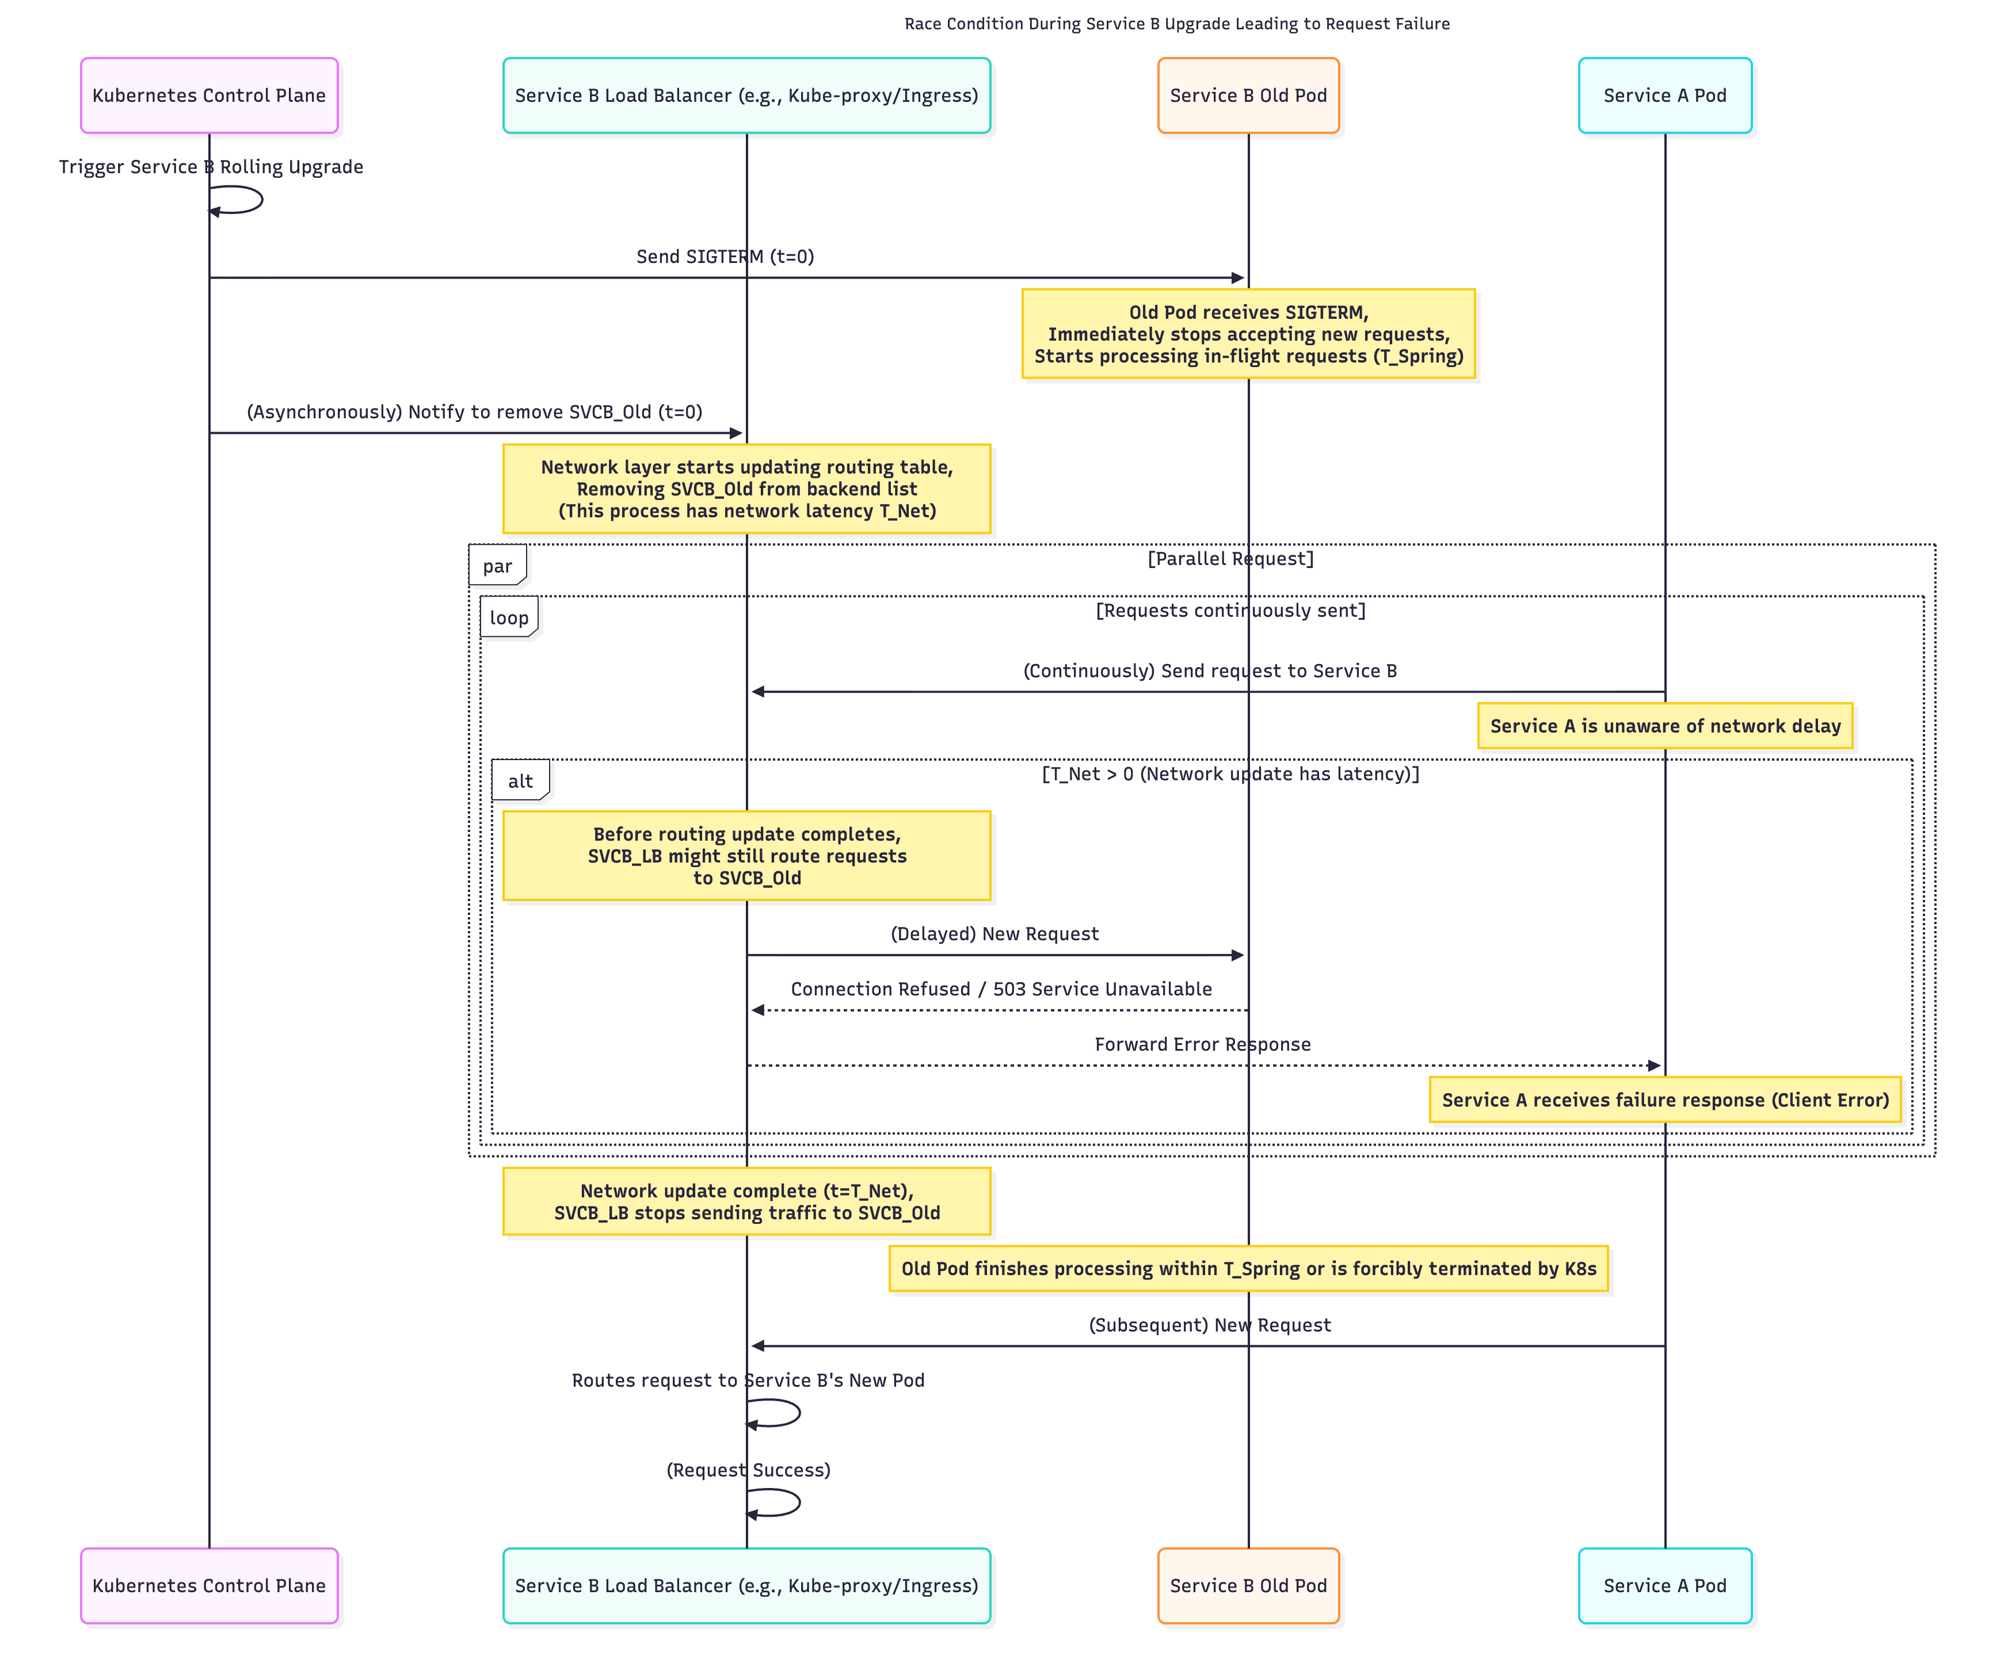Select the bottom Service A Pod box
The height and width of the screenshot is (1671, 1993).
(x=1664, y=1586)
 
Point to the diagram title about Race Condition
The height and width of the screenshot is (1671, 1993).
(x=1177, y=24)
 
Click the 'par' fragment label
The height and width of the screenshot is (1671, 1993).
(x=497, y=566)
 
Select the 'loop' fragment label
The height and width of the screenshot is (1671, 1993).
(x=509, y=618)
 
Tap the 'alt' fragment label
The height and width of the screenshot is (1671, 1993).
(x=520, y=781)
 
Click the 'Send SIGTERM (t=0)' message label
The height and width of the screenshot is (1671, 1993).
(x=725, y=256)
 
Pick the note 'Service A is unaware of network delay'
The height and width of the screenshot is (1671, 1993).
(x=1664, y=726)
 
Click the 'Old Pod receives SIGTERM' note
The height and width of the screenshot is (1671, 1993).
(x=1248, y=334)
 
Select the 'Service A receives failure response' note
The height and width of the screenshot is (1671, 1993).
(x=1664, y=1100)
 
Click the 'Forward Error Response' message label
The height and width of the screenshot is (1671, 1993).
(x=1202, y=1044)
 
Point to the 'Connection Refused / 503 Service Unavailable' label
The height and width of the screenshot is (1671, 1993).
(x=1001, y=989)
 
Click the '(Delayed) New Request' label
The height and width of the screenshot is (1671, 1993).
(x=994, y=934)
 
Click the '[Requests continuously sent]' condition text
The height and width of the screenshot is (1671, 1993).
(x=1230, y=610)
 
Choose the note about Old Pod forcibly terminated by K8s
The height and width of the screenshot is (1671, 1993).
(x=1248, y=1269)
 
